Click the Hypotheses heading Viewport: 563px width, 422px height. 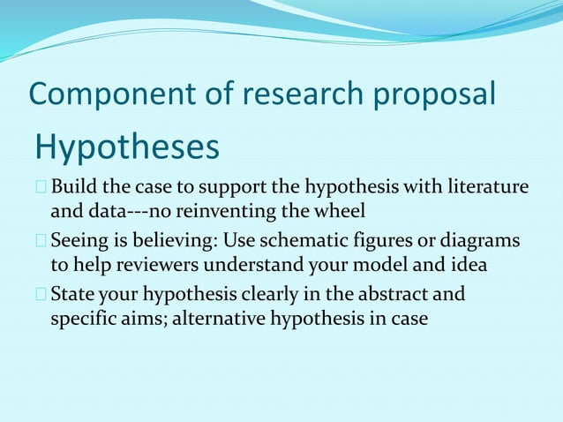click(126, 147)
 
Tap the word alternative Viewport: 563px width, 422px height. click(213, 318)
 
